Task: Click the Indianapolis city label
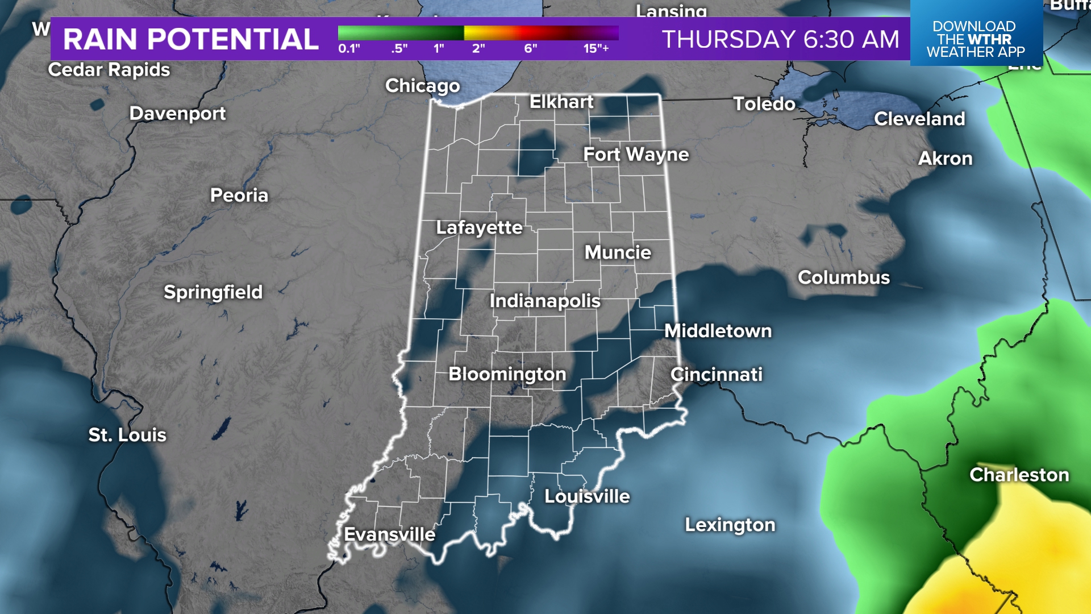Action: pyautogui.click(x=545, y=301)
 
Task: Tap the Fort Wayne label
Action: pyautogui.click(x=636, y=155)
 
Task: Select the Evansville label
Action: pyautogui.click(x=390, y=534)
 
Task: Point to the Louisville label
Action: pyautogui.click(x=587, y=496)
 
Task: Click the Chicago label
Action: pyautogui.click(x=423, y=86)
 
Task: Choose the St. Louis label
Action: pyautogui.click(x=127, y=435)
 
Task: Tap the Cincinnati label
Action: pyautogui.click(x=717, y=375)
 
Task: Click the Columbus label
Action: pyautogui.click(x=844, y=277)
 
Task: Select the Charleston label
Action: pyautogui.click(x=1019, y=475)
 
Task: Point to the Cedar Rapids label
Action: pyautogui.click(x=109, y=70)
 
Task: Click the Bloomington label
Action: pyautogui.click(x=507, y=374)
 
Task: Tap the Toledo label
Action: pyautogui.click(x=764, y=104)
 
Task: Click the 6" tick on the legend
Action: pyautogui.click(x=531, y=48)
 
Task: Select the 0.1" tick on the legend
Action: pyautogui.click(x=349, y=48)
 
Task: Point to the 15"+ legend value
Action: pyautogui.click(x=596, y=48)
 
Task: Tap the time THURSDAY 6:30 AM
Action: pyautogui.click(x=781, y=39)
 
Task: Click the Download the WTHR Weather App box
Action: pyautogui.click(x=976, y=39)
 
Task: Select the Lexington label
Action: pyautogui.click(x=730, y=525)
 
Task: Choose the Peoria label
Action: pyautogui.click(x=239, y=196)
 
